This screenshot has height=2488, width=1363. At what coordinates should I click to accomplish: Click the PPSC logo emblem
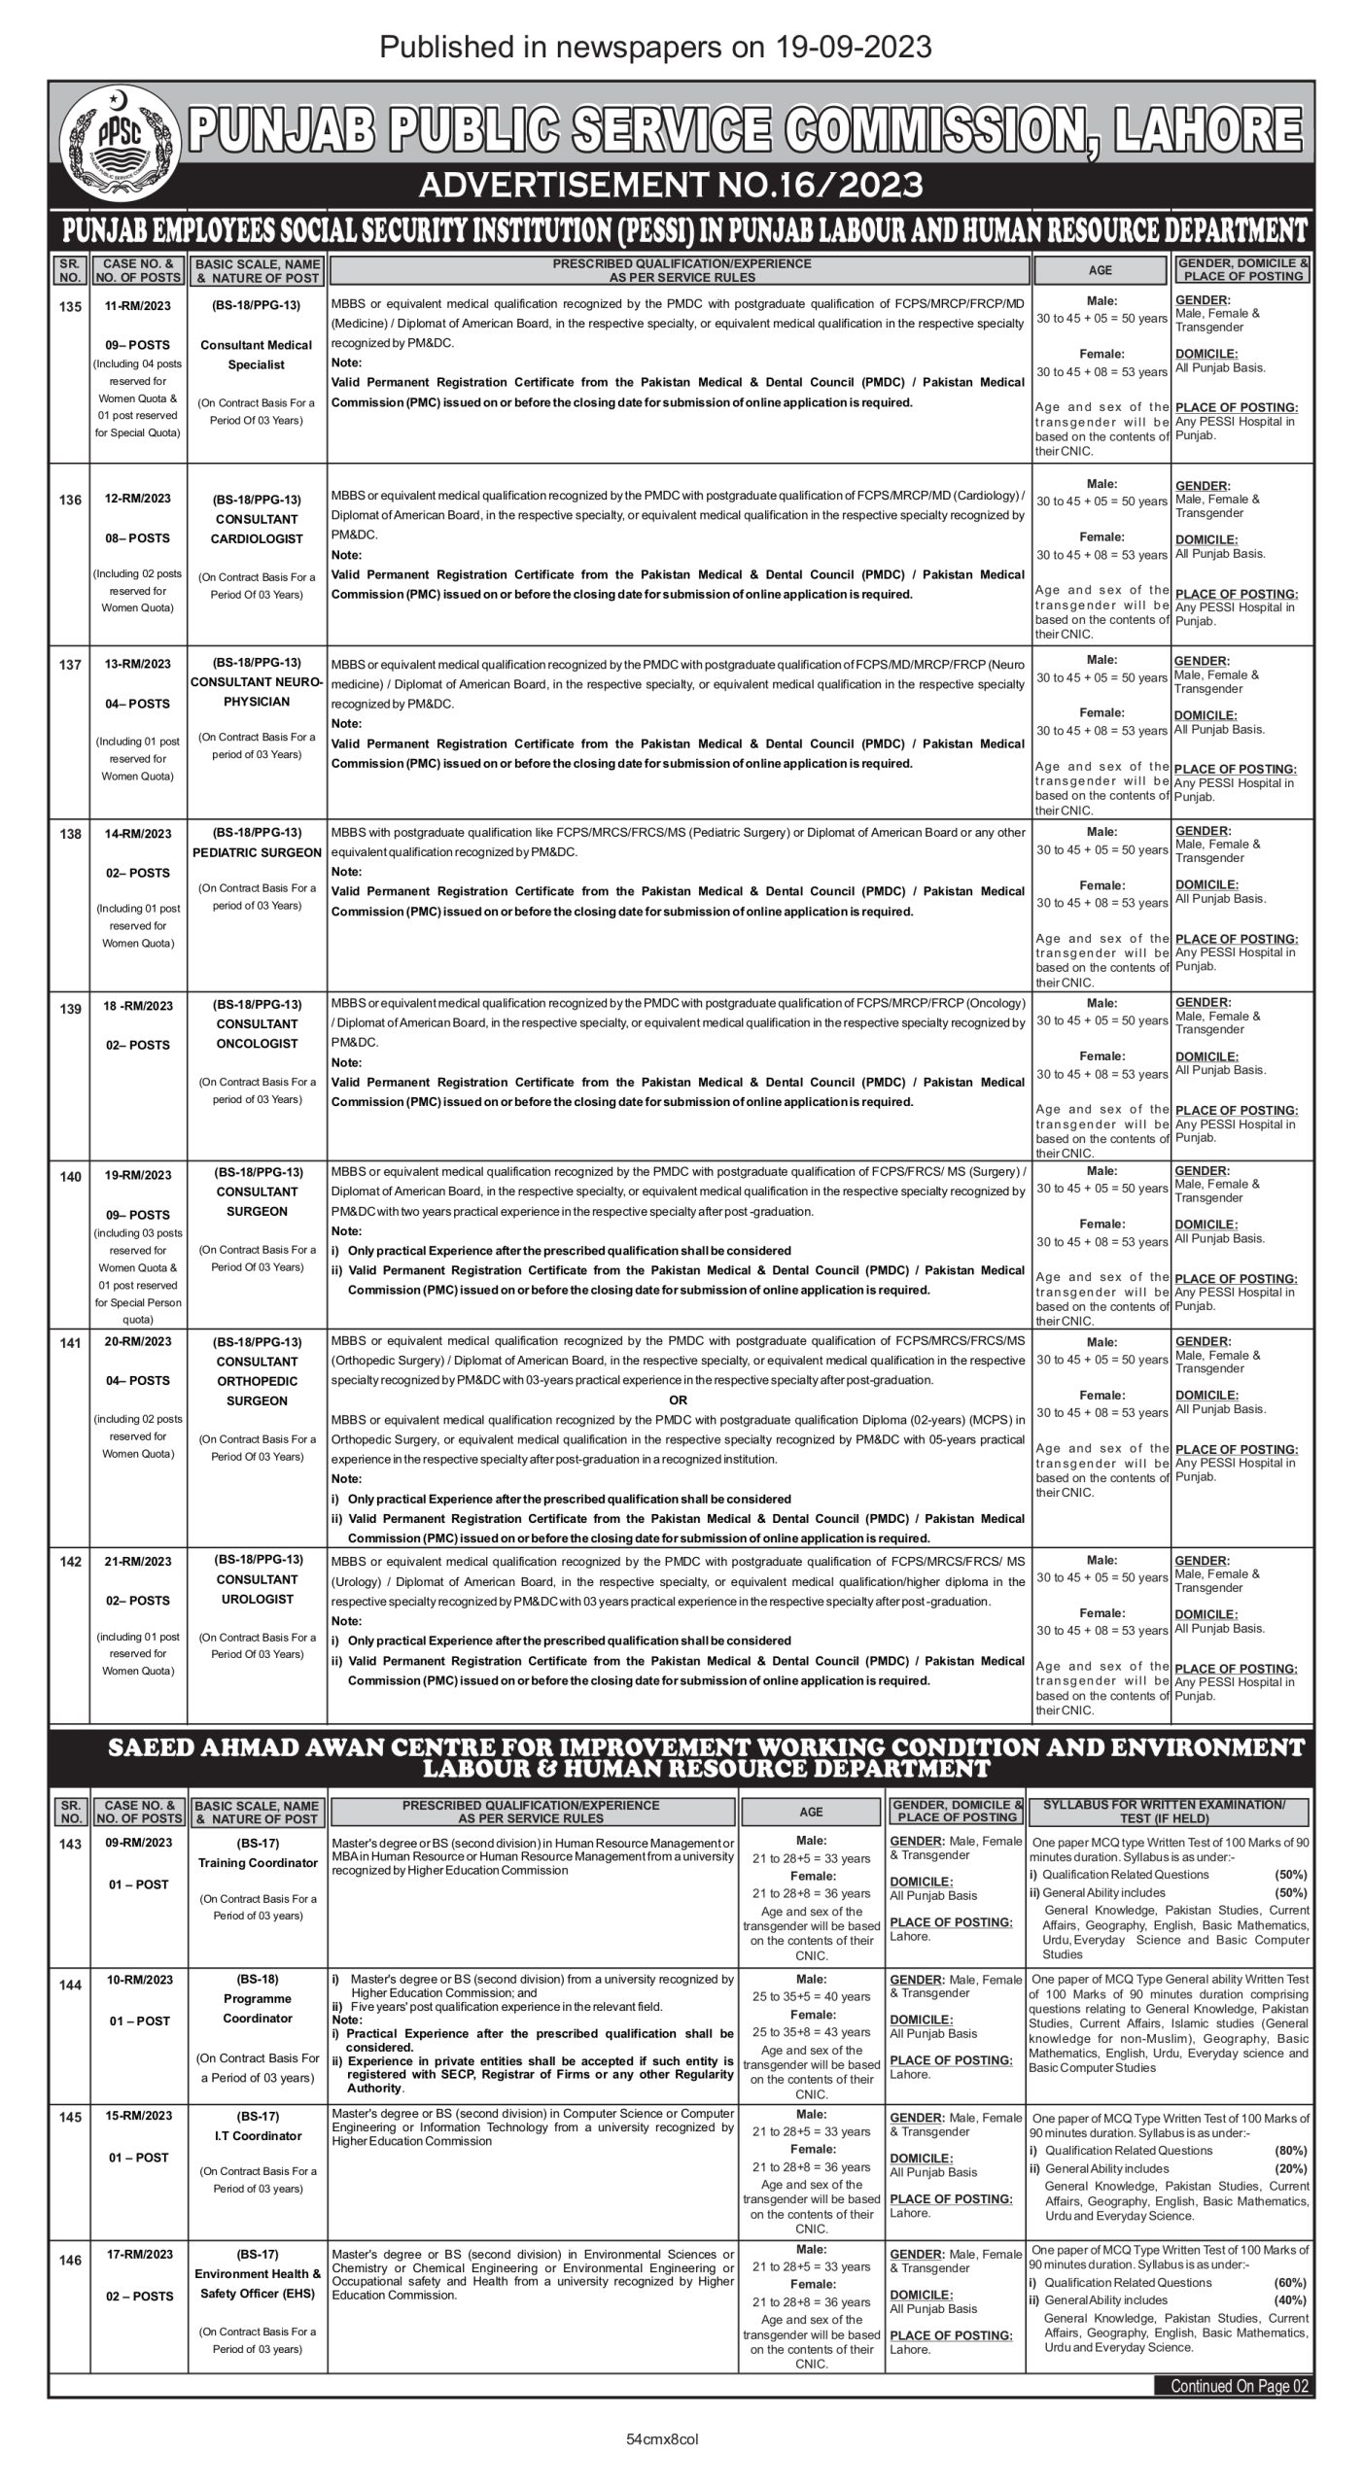coord(120,144)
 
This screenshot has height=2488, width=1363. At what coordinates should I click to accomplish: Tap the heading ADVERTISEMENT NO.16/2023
coord(681,185)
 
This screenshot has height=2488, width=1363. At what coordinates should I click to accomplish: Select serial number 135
coord(70,304)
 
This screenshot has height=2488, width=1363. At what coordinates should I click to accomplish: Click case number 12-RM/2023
coord(137,499)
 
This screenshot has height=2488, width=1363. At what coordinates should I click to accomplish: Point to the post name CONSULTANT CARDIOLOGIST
coord(258,529)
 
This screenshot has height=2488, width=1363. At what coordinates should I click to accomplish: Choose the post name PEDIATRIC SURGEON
coord(258,852)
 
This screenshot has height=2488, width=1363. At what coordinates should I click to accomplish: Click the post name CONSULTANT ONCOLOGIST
coord(258,1033)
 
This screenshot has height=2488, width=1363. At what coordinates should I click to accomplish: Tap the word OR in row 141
coord(678,1399)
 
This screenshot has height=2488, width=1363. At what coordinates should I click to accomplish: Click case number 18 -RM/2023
coord(137,1005)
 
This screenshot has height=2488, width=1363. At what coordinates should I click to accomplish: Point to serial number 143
coord(70,1845)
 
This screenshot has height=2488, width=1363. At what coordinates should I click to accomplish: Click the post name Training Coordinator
coord(258,1863)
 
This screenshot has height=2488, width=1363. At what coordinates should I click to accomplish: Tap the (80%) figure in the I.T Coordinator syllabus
coord(1291,2151)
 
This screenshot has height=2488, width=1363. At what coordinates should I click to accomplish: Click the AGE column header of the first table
coord(1101,270)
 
